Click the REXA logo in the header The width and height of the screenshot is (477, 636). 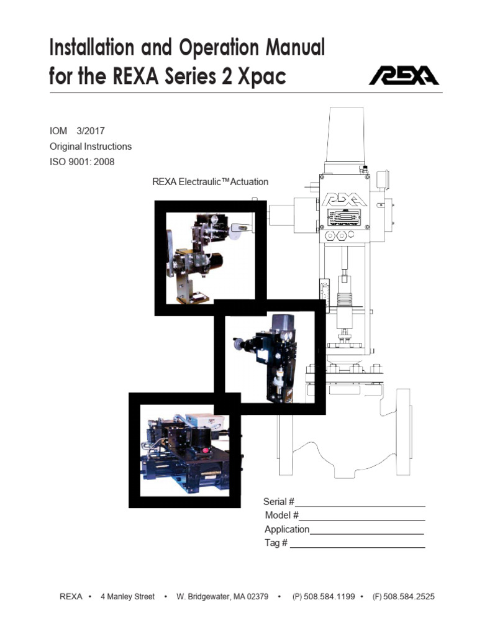coord(404,76)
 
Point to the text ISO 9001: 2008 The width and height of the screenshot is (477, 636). coord(82,161)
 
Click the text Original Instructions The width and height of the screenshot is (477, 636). coord(91,147)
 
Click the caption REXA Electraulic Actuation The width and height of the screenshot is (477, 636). coord(211,182)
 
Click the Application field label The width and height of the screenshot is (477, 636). coord(287,529)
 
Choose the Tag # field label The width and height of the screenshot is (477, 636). coord(276,543)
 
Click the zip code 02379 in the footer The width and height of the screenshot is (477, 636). coord(257,596)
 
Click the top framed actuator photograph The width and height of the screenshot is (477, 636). coord(210,258)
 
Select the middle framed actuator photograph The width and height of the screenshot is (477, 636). coord(270,357)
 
